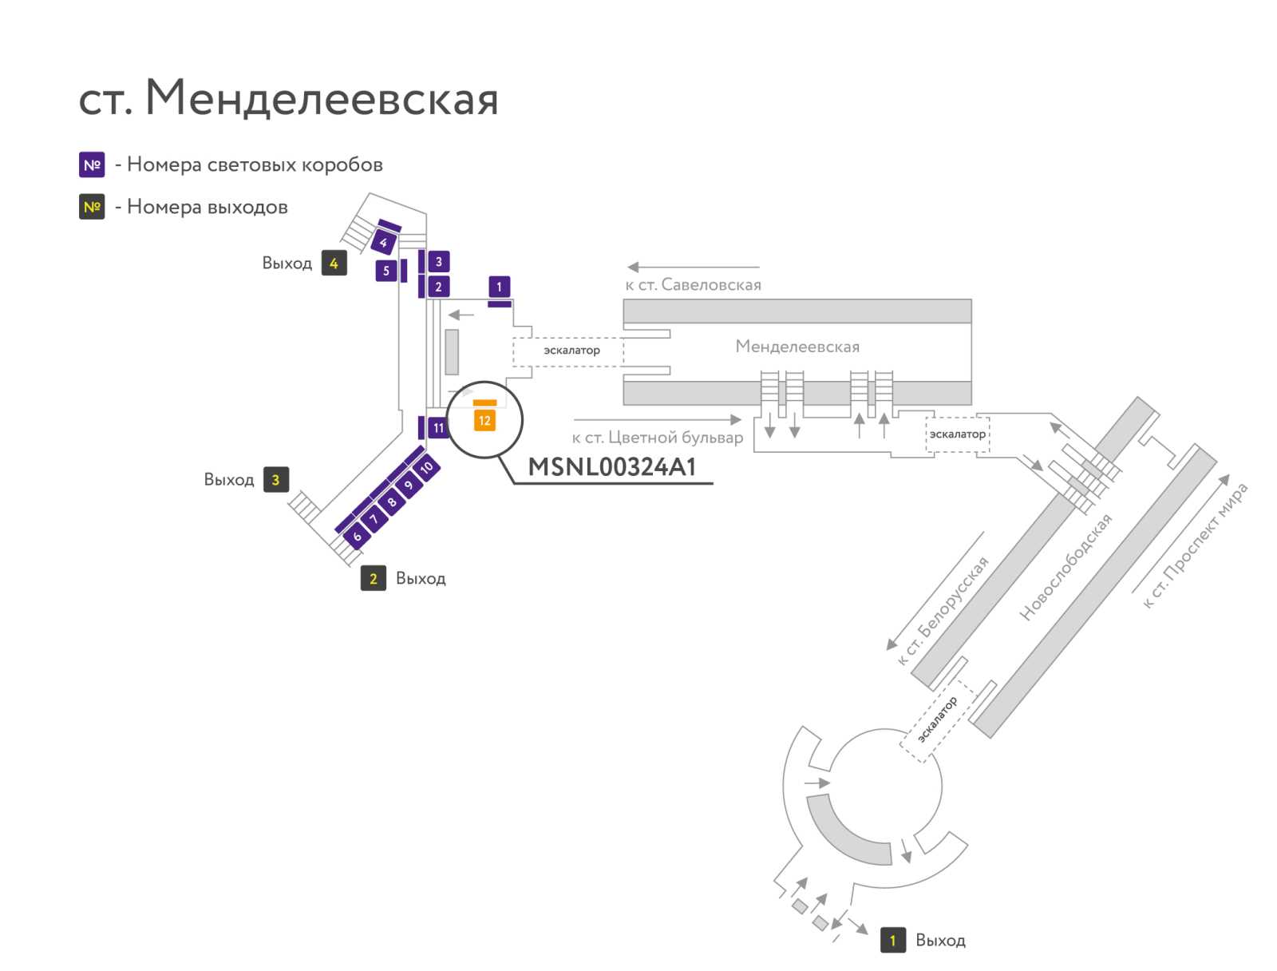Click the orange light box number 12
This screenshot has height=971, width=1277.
click(484, 421)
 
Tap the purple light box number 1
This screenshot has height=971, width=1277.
click(499, 286)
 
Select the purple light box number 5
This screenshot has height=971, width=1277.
click(385, 271)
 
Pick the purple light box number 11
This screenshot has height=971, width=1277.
click(438, 428)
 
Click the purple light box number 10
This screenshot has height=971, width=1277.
click(426, 466)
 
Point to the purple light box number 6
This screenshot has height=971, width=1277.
click(358, 536)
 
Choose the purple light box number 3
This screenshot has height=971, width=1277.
click(439, 261)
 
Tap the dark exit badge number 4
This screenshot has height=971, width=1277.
click(334, 263)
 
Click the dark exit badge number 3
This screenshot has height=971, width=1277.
click(276, 479)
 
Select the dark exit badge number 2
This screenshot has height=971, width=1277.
click(373, 578)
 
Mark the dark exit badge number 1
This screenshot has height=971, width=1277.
click(892, 940)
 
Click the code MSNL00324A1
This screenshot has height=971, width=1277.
click(611, 466)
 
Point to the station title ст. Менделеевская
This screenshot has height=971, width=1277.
click(289, 97)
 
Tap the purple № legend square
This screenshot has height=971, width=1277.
click(92, 164)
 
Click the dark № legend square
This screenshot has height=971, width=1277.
click(92, 207)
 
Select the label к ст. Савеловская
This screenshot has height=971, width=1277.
click(693, 284)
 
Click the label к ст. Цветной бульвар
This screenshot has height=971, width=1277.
click(658, 438)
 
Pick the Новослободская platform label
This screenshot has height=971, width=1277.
click(1065, 567)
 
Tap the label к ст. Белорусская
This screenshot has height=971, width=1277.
click(943, 611)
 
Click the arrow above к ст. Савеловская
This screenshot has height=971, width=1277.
click(693, 267)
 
